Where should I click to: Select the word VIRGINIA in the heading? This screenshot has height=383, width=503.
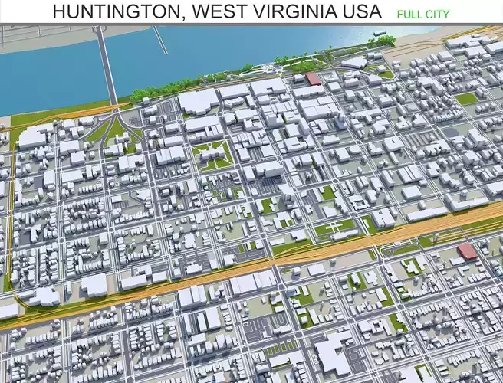tap(300, 11)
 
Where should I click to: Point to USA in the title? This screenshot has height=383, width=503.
tap(363, 11)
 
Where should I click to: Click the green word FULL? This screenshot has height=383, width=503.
tap(412, 14)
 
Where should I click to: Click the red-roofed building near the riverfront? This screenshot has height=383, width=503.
tap(313, 79)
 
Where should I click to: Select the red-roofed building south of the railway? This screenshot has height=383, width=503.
tap(466, 252)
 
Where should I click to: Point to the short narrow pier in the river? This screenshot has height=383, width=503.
tap(159, 39)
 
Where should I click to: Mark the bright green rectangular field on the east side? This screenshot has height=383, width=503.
tap(465, 98)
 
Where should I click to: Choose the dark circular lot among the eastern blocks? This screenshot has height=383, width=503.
tap(452, 133)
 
